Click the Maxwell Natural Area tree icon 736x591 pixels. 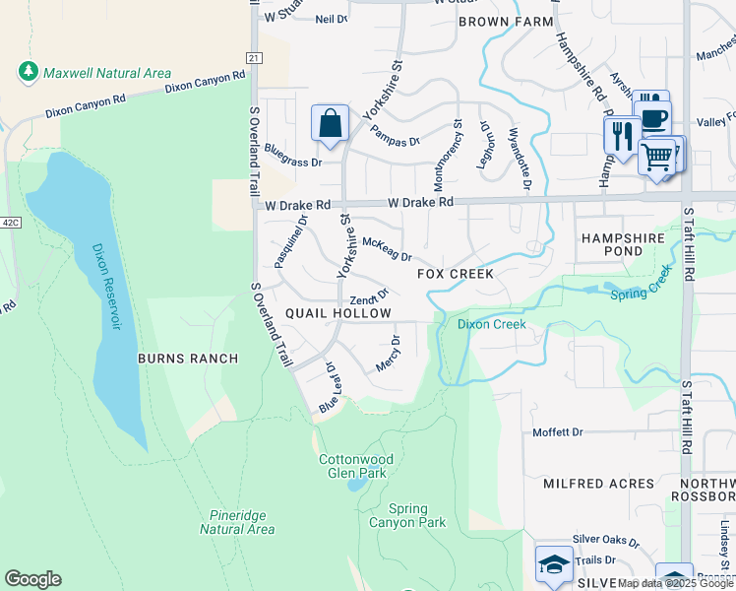click(28, 73)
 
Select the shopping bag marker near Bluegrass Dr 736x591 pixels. click(331, 124)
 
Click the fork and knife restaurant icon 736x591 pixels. click(621, 135)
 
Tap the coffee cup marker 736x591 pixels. click(653, 119)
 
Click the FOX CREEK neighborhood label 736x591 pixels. click(455, 274)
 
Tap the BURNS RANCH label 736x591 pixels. click(174, 359)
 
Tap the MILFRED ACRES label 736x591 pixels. click(598, 484)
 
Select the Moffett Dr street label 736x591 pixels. click(558, 432)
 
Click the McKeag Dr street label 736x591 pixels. click(387, 249)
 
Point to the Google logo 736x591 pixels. click(32, 579)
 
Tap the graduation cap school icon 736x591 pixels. click(553, 564)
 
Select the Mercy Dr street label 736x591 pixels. click(388, 355)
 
